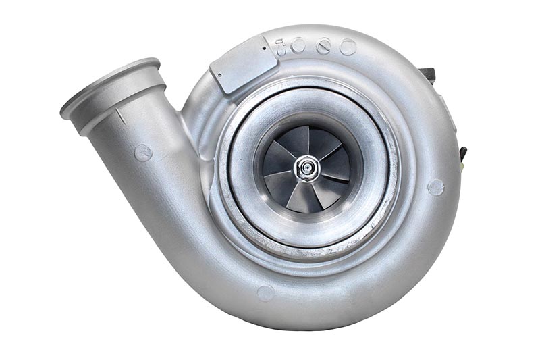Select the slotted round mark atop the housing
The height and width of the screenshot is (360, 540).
coord(323,47)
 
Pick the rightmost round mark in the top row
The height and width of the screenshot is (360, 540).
coord(348,47)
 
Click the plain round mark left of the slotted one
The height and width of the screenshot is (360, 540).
coord(298,46)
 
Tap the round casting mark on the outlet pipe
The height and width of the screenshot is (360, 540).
coord(142,152)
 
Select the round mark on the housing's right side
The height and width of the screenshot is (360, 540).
coord(435,187)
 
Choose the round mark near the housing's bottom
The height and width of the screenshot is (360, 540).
coord(265,292)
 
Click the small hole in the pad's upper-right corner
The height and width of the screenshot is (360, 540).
coord(264,48)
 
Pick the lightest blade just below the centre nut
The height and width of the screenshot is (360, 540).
coord(300,196)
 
